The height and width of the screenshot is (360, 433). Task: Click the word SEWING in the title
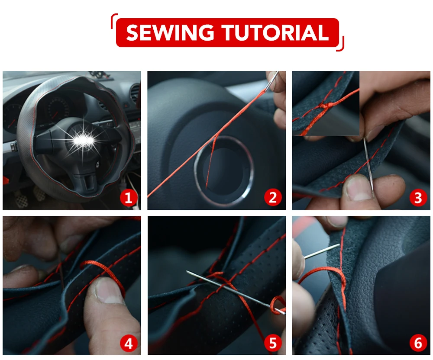pyautogui.click(x=170, y=32)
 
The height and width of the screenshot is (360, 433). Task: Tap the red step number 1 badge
pyautogui.click(x=129, y=197)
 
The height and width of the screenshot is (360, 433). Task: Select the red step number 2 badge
pyautogui.click(x=273, y=197)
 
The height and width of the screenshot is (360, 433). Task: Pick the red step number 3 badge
pyautogui.click(x=418, y=197)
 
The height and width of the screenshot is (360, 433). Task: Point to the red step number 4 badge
pyautogui.click(x=129, y=344)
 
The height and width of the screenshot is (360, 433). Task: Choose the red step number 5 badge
pyautogui.click(x=273, y=344)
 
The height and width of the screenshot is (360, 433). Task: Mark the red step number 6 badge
pyautogui.click(x=418, y=344)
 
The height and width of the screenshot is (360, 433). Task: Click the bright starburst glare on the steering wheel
pyautogui.click(x=83, y=140)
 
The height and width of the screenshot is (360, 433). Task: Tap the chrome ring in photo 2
pyautogui.click(x=197, y=171)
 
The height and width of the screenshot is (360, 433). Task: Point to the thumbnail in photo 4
pyautogui.click(x=108, y=291)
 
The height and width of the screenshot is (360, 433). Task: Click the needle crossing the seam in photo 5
pyautogui.click(x=235, y=291)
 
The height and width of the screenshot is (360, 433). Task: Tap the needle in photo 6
pyautogui.click(x=322, y=251)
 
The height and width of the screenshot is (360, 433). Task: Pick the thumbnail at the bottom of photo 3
pyautogui.click(x=358, y=188)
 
